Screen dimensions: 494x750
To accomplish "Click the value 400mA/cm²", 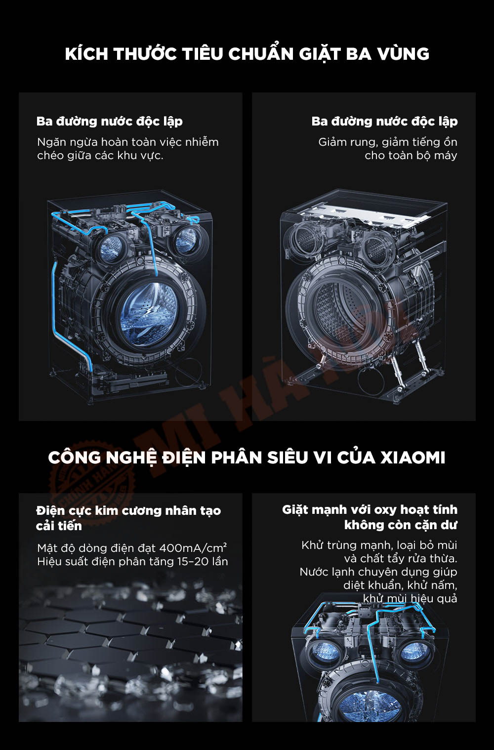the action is coord(193,548).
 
